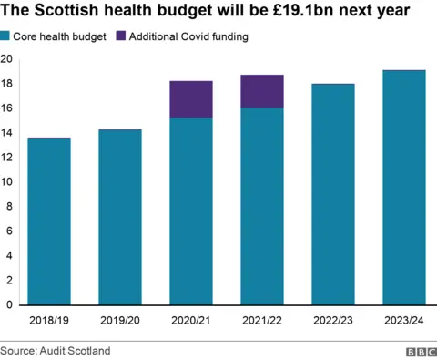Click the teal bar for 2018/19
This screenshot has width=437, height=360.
[49, 221]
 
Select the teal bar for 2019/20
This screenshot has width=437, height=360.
[120, 217]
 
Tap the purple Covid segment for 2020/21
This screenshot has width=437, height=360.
[191, 99]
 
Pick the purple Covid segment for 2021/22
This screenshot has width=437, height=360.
[262, 91]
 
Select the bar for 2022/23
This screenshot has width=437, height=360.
[333, 194]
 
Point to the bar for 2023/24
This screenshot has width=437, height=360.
[404, 188]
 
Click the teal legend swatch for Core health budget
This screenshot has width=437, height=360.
[5, 36]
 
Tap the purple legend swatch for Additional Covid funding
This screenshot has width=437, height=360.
[121, 36]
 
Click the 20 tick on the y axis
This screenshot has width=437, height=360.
[6, 59]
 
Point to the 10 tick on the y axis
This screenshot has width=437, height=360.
[6, 182]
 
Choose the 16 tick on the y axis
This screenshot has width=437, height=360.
[6, 108]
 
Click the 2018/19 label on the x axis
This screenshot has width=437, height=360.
[49, 321]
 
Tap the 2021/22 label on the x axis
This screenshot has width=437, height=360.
[262, 321]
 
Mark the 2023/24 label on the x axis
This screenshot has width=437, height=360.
[404, 321]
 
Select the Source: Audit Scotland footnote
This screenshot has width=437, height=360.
[56, 350]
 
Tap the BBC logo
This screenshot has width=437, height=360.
[421, 350]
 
